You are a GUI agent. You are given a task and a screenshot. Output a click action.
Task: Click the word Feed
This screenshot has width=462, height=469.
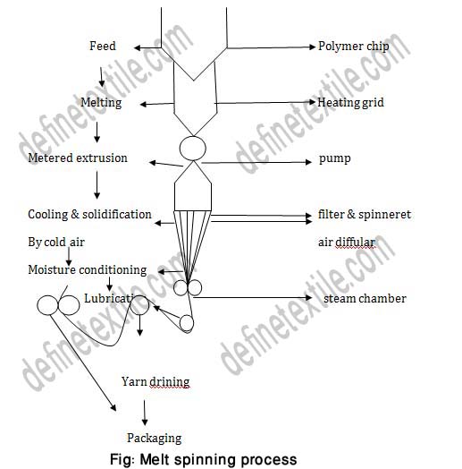[x=103, y=46]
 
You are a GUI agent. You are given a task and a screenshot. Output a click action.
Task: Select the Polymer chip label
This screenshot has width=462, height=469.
[x=354, y=46]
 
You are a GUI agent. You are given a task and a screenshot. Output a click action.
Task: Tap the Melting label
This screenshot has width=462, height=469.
[x=100, y=103]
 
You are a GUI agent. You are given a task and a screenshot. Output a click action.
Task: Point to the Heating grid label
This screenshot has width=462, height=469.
[x=352, y=102]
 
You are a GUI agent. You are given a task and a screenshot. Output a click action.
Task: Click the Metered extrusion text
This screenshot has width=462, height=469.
[x=78, y=158]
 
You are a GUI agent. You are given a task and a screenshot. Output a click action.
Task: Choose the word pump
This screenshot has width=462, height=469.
[x=334, y=159]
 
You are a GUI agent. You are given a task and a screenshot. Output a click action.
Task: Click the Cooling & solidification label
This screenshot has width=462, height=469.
[x=89, y=215]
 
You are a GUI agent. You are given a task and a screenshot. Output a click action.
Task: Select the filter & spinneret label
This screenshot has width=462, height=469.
[x=365, y=215]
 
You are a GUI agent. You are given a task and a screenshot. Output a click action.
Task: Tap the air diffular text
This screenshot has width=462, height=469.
[x=347, y=243]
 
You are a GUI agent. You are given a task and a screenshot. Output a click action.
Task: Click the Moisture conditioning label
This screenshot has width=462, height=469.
[x=87, y=270]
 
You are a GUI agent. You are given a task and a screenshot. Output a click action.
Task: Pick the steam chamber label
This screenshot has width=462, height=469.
[x=365, y=298]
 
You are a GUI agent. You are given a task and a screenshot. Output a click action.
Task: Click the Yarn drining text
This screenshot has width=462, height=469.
[x=155, y=382]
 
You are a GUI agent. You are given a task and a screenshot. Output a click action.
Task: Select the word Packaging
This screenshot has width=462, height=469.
[x=154, y=438]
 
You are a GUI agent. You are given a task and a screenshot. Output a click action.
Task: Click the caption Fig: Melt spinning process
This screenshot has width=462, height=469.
[x=209, y=459]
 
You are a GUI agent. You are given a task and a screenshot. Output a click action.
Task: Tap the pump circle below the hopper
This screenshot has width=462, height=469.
[x=192, y=147]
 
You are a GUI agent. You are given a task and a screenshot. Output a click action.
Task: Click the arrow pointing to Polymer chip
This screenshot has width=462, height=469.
[x=268, y=47]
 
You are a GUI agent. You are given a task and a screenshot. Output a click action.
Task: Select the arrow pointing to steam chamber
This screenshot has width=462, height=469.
[x=259, y=298]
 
